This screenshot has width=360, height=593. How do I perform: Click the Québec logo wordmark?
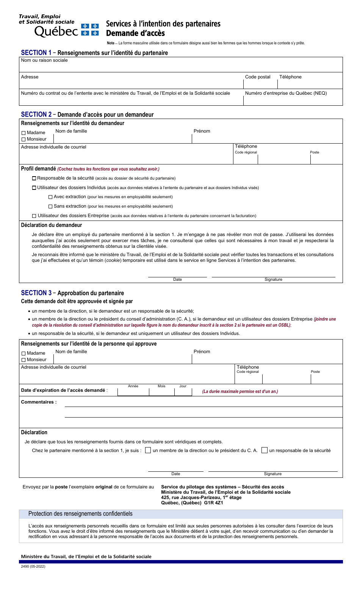click(x=56, y=31)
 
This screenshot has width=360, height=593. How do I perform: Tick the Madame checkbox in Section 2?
click(x=23, y=133)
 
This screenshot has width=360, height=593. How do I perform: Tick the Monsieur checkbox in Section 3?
click(x=23, y=360)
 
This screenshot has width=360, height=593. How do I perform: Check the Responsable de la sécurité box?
click(x=34, y=178)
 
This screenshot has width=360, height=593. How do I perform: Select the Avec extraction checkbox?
click(x=50, y=197)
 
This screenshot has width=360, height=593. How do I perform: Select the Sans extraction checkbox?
click(x=50, y=207)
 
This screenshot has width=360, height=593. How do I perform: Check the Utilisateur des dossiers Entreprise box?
click(x=34, y=216)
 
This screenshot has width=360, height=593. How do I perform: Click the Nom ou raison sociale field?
click(x=180, y=67)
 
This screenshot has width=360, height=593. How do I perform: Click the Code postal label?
click(x=258, y=77)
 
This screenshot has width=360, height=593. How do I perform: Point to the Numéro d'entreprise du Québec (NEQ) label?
click(x=286, y=93)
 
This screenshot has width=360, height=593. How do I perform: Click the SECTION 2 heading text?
click(x=36, y=114)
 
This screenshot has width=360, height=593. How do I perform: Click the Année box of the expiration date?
click(x=133, y=392)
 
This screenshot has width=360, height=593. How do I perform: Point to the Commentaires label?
click(x=39, y=402)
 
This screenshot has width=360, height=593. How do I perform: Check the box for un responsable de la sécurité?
click(x=265, y=451)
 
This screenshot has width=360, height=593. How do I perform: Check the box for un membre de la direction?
click(x=148, y=451)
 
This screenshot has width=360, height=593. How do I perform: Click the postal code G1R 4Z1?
click(x=214, y=503)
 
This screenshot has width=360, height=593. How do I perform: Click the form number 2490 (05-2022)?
click(x=33, y=566)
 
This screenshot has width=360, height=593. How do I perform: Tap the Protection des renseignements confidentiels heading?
click(x=80, y=514)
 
